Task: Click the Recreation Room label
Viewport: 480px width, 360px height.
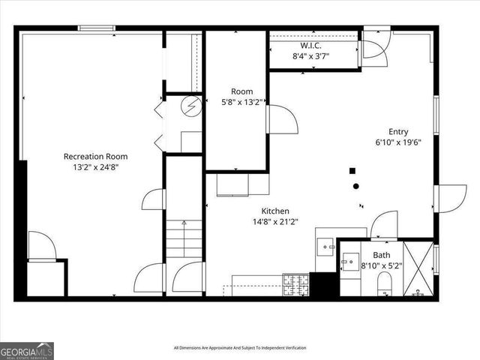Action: pyautogui.click(x=95, y=156)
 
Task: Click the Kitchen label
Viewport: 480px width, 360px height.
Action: pyautogui.click(x=275, y=211)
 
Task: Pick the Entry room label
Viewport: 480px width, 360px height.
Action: pyautogui.click(x=398, y=130)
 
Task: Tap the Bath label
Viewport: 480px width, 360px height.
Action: pyautogui.click(x=382, y=255)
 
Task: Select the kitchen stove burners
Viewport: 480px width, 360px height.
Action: pyautogui.click(x=295, y=285)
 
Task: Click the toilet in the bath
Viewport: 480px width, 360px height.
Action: pyautogui.click(x=385, y=283)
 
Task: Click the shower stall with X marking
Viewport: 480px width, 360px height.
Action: pyautogui.click(x=418, y=267)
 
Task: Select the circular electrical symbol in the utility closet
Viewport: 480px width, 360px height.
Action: pyautogui.click(x=193, y=106)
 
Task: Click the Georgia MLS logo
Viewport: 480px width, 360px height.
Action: pyautogui.click(x=27, y=350)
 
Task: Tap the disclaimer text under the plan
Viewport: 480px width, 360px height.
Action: pyautogui.click(x=240, y=348)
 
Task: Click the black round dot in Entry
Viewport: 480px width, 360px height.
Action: pyautogui.click(x=356, y=186)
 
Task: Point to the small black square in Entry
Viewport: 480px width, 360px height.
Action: pyautogui.click(x=352, y=170)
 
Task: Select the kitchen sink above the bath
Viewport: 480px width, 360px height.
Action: pyautogui.click(x=326, y=244)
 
